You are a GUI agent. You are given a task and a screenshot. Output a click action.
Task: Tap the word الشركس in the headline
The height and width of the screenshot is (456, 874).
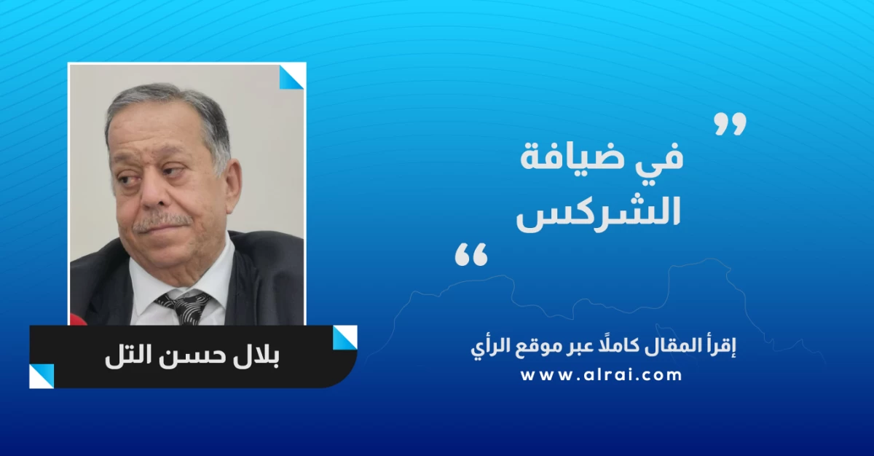tap(599, 213)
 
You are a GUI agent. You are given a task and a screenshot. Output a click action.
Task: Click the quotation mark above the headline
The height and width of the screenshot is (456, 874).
tap(731, 125)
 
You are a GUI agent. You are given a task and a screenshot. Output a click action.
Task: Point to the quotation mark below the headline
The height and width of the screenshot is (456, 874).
tap(471, 254)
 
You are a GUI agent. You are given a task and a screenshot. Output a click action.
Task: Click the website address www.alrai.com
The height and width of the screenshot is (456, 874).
tap(602, 375)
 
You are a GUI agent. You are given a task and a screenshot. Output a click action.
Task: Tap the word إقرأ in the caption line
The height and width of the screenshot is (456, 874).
tap(722, 347)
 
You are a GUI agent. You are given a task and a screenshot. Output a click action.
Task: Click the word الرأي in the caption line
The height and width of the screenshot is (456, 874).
tap(487, 347)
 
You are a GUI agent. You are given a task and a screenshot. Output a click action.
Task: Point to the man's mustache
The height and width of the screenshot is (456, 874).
tap(162, 221)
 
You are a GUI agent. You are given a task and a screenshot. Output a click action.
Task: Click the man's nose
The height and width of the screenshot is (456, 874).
tap(152, 195)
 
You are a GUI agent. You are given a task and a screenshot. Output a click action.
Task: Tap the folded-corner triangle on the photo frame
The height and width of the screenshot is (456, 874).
tap(291, 76)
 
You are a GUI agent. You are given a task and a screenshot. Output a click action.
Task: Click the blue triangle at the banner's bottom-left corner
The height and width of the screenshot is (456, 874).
tap(42, 377)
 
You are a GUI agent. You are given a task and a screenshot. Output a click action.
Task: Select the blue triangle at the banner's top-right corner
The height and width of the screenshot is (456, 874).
tap(345, 338)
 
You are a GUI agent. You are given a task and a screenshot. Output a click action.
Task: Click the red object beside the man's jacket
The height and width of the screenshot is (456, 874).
tap(78, 320)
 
